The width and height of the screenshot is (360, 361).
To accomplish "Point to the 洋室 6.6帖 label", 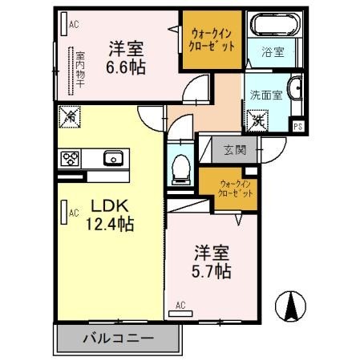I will (127, 59).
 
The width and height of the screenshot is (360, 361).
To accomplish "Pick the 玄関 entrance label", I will (235, 149).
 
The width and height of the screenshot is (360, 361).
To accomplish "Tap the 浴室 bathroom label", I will (273, 53).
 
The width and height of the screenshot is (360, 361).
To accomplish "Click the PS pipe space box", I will (297, 126).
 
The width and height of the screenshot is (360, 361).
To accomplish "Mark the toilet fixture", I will (181, 168).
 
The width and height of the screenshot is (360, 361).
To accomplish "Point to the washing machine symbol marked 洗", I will (258, 121).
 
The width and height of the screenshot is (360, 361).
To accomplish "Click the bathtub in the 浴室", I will (273, 25).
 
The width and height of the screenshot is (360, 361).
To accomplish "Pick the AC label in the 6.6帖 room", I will (74, 25).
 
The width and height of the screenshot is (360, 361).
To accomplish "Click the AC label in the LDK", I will (73, 213).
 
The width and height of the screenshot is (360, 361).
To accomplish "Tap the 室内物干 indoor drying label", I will (80, 70).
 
